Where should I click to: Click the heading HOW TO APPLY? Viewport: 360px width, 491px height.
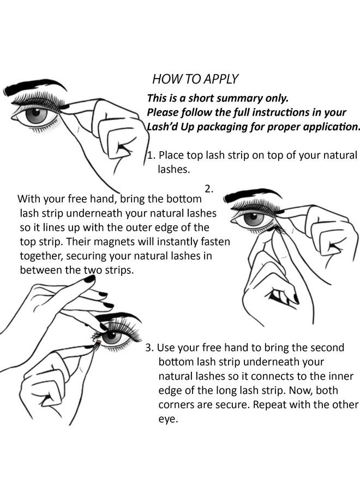[195, 79]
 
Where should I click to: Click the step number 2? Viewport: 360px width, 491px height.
[209, 189]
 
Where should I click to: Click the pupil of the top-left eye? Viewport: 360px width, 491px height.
[37, 115]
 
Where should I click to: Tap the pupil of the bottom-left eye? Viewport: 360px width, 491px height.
[112, 337]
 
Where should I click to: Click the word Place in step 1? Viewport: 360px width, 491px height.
[171, 155]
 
